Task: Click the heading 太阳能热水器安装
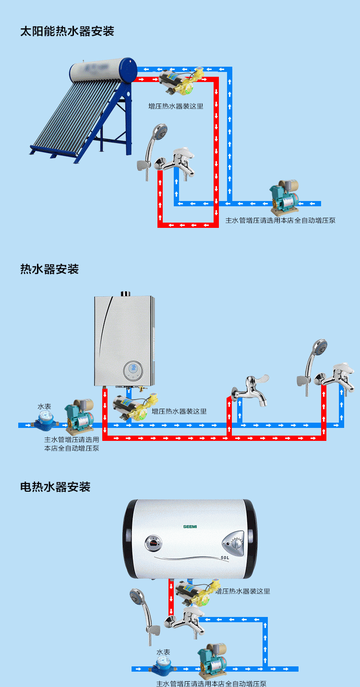click(67, 32)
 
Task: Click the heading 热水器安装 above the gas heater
click(49, 269)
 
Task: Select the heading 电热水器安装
click(55, 487)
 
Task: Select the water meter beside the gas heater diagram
click(46, 421)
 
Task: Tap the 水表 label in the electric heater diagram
click(163, 652)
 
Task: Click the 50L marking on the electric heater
click(225, 558)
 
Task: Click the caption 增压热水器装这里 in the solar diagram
click(176, 106)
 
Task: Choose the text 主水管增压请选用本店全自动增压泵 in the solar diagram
click(280, 220)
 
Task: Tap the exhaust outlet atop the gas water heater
click(125, 293)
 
